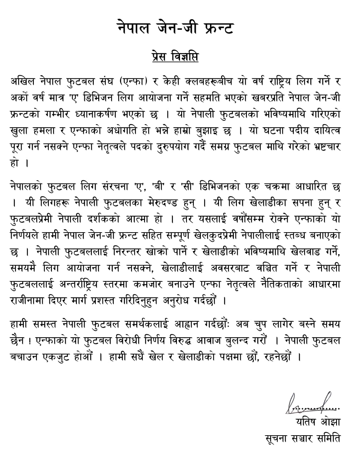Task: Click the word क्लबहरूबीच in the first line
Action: pyautogui.click(x=203, y=82)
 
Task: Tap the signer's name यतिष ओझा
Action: pyautogui.click(x=318, y=421)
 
